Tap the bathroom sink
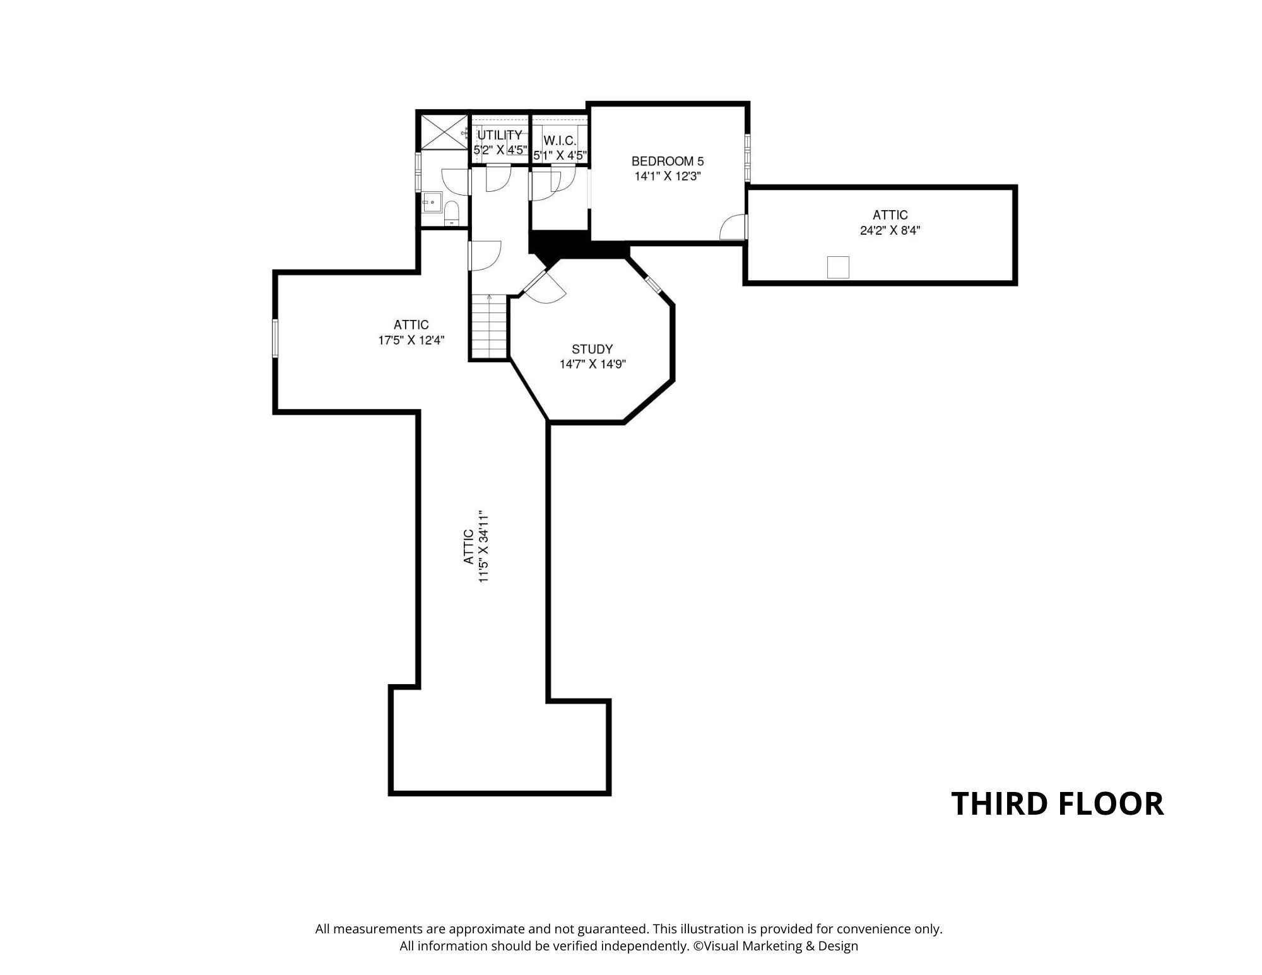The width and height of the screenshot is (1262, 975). pyautogui.click(x=432, y=204)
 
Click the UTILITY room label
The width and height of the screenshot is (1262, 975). pyautogui.click(x=500, y=135)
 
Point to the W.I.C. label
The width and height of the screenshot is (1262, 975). pyautogui.click(x=560, y=140)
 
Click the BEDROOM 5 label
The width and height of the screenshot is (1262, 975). pyautogui.click(x=667, y=162)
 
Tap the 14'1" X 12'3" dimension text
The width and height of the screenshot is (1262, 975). pyautogui.click(x=668, y=177)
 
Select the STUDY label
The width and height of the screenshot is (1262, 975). pyautogui.click(x=592, y=349)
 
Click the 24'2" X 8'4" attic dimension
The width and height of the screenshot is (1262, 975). pyautogui.click(x=890, y=231)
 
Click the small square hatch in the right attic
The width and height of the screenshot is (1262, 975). pyautogui.click(x=839, y=267)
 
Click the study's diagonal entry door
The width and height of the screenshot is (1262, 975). pyautogui.click(x=544, y=287)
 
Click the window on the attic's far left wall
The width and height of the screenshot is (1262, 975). pyautogui.click(x=275, y=338)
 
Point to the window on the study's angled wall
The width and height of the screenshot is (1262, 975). pyautogui.click(x=653, y=283)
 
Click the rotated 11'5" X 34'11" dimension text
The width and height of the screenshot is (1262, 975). pyautogui.click(x=476, y=547)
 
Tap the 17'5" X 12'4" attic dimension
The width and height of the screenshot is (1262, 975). pyautogui.click(x=411, y=340)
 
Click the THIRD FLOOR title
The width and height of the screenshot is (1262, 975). pyautogui.click(x=1057, y=804)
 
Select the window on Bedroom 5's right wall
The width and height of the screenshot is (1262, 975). pyautogui.click(x=747, y=158)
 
